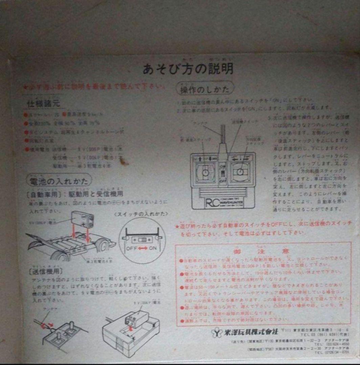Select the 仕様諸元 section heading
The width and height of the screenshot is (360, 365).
coord(43,103)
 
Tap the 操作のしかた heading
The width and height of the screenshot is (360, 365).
coord(204,89)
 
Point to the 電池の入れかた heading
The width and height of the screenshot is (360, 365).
coord(58,181)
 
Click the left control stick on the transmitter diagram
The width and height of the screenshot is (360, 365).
coord(205,172)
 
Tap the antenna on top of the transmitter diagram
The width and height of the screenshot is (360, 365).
coord(223,135)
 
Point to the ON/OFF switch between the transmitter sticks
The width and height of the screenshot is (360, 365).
coord(223,173)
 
